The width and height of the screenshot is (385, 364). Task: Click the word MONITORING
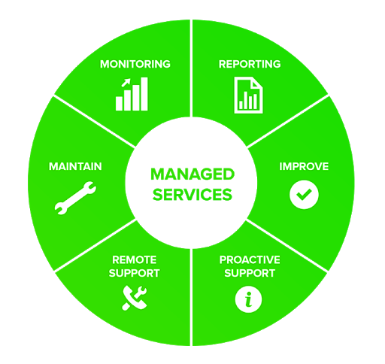(135, 64)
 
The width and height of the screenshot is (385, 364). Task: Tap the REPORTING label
(250, 64)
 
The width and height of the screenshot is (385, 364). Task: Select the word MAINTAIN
(75, 166)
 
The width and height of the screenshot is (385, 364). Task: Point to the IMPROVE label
(304, 166)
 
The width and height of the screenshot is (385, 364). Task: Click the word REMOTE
(135, 259)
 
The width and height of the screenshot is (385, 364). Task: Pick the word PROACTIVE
(250, 259)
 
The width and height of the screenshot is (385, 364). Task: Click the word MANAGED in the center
(192, 174)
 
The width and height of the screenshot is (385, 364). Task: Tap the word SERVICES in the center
(192, 195)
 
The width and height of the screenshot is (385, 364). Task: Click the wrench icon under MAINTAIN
(75, 198)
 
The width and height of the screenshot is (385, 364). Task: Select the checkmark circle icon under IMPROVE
(304, 195)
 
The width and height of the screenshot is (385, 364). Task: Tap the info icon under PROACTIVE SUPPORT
(249, 299)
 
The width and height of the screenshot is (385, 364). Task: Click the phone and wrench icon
(135, 298)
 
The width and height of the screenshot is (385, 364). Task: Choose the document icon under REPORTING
(248, 95)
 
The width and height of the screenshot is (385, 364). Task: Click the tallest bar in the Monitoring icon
(144, 94)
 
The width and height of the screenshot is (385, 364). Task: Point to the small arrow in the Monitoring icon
(126, 82)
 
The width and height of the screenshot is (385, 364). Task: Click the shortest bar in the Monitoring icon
(119, 104)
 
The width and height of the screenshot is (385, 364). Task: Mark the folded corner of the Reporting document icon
(257, 83)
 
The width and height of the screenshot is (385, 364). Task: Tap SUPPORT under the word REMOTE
(135, 273)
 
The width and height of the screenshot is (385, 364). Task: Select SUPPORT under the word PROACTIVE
(250, 273)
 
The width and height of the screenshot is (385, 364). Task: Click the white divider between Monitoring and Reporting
(191, 68)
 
